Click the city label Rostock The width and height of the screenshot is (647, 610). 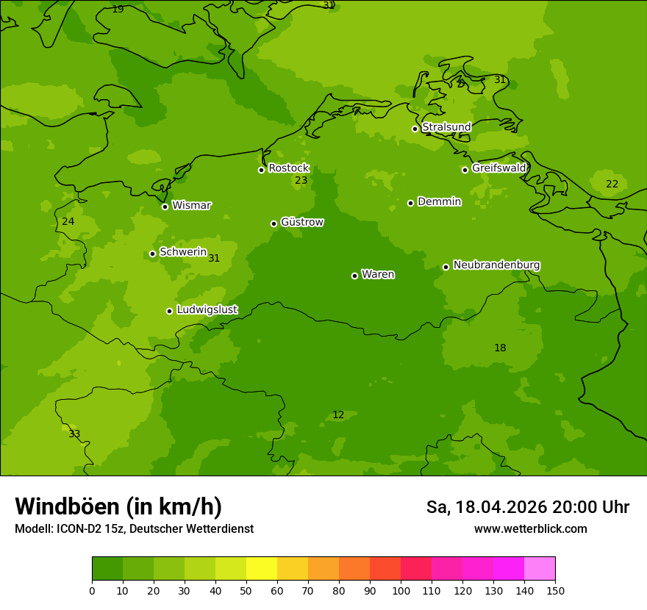tap(288, 168)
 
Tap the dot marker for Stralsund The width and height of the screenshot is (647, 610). tap(415, 129)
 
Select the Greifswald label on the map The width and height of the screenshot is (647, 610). tap(498, 168)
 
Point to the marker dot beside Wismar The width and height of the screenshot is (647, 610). tap(165, 207)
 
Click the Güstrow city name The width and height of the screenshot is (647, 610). tap(301, 222)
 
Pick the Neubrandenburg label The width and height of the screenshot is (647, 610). tap(496, 265)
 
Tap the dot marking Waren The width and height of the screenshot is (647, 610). tap(354, 276)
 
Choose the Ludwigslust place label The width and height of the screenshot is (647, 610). tap(207, 309)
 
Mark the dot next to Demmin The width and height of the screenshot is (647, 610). tap(410, 203)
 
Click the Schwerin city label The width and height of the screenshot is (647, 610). tap(183, 252)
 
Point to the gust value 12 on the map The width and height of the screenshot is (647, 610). tap(338, 415)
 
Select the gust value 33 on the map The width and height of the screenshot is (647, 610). tap(74, 434)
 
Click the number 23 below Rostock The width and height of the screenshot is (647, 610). tap(301, 181)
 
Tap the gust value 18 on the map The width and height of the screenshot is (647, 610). tap(500, 348)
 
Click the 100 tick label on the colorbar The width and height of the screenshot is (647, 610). tap(401, 591)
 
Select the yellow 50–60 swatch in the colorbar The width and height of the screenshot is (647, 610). tap(262, 569)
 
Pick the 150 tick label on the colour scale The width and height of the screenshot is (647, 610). tap(555, 591)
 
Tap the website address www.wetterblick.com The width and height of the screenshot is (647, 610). tap(530, 529)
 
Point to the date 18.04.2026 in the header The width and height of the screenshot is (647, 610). tap(501, 507)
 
